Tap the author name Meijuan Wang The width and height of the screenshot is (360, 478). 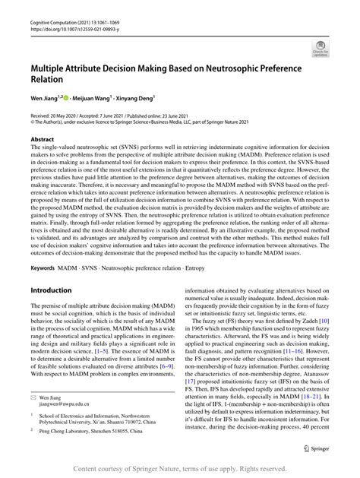(93, 97)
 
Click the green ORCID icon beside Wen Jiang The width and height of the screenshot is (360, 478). (66, 97)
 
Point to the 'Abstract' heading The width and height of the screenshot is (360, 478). (42, 139)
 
